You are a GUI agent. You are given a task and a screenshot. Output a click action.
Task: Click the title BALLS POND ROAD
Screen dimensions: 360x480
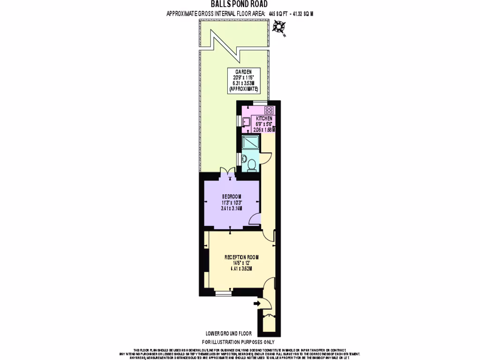pos(240,5)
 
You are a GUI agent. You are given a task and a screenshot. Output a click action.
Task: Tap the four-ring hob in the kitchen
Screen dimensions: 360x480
pos(269,111)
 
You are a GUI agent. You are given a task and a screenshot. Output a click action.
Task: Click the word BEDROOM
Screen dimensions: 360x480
pos(232,196)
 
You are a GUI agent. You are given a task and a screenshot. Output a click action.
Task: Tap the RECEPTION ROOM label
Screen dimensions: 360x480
pos(241,257)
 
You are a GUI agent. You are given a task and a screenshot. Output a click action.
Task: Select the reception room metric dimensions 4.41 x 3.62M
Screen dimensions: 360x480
pos(241,269)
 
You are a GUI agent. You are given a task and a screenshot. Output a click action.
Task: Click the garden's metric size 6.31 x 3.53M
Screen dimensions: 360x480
pos(244,82)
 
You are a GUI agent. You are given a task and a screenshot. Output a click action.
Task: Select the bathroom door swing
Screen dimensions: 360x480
pos(265,158)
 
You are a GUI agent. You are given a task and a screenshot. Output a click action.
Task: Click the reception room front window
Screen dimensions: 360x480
pos(223,293)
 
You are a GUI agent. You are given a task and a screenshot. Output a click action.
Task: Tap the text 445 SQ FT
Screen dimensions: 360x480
pos(277,14)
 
